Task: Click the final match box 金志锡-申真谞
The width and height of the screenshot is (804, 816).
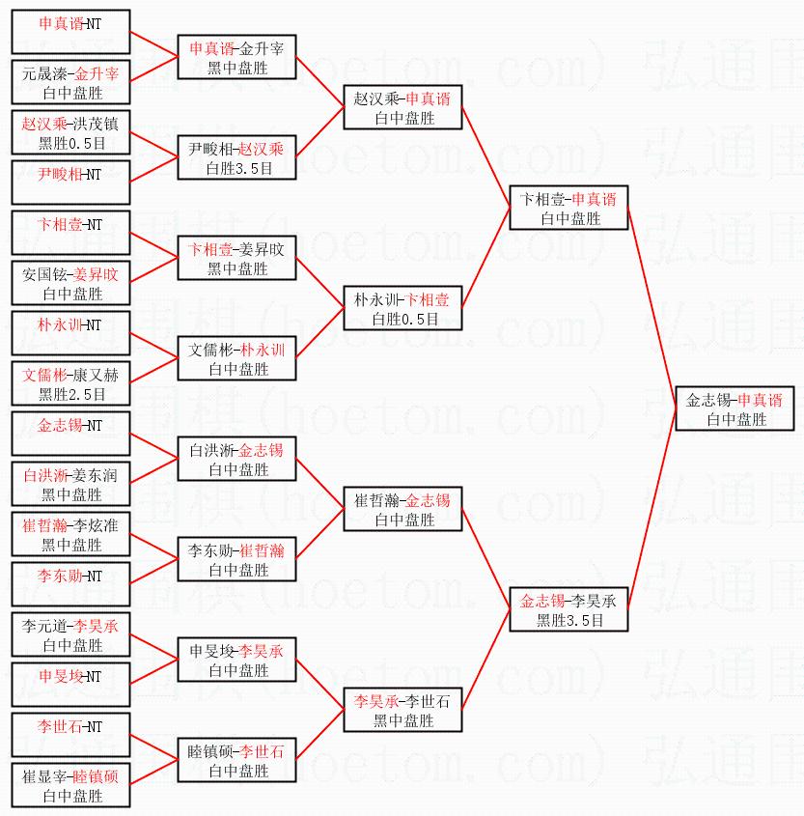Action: (735, 409)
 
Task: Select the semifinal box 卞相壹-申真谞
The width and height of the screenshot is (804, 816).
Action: (569, 209)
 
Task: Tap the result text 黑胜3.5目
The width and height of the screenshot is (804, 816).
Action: (569, 621)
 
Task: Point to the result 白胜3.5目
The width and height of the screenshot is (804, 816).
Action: (237, 168)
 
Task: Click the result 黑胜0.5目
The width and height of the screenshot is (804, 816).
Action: (71, 143)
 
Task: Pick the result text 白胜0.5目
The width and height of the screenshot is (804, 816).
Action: (403, 319)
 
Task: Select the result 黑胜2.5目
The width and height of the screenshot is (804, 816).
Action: (71, 394)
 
